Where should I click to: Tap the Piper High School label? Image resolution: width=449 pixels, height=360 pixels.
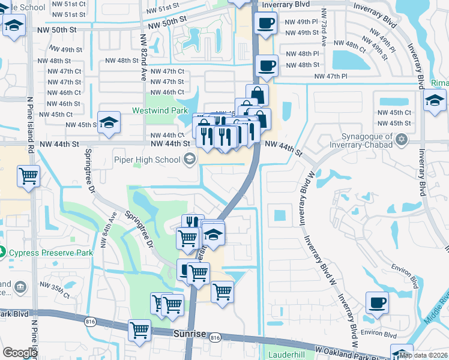pos(147,160)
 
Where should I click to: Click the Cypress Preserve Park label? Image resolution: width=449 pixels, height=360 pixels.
pos(51,253)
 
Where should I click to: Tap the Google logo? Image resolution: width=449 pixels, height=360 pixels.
pos(20,353)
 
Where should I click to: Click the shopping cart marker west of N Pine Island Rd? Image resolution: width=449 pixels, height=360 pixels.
pos(28,176)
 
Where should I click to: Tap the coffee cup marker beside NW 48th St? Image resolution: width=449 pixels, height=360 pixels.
pos(267,65)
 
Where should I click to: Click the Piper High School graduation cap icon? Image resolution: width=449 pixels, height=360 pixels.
pos(190,159)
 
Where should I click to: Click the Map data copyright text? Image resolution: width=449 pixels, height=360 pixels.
pos(423,355)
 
